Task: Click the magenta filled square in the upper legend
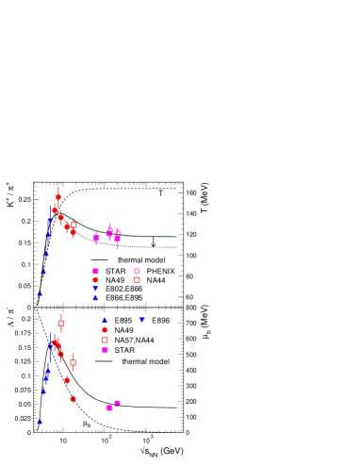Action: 95,271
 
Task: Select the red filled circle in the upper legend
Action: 95,279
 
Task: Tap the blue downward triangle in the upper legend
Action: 95,289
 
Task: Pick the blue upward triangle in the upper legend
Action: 95,298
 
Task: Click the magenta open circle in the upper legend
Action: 137,271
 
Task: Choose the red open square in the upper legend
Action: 137,279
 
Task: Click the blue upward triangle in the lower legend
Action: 105,320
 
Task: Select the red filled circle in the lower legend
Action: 105,330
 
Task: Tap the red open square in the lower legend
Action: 105,340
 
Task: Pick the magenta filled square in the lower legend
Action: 105,349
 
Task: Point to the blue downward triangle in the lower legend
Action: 141,320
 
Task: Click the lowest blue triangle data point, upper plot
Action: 40,293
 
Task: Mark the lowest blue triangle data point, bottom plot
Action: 40,422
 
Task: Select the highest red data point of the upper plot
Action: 58,197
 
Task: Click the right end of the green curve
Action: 177,237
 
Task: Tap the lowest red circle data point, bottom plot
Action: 73,398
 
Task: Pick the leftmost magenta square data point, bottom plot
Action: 109,408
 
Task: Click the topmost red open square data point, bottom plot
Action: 61,323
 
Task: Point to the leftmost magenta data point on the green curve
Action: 96,237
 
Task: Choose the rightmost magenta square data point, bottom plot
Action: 117,403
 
